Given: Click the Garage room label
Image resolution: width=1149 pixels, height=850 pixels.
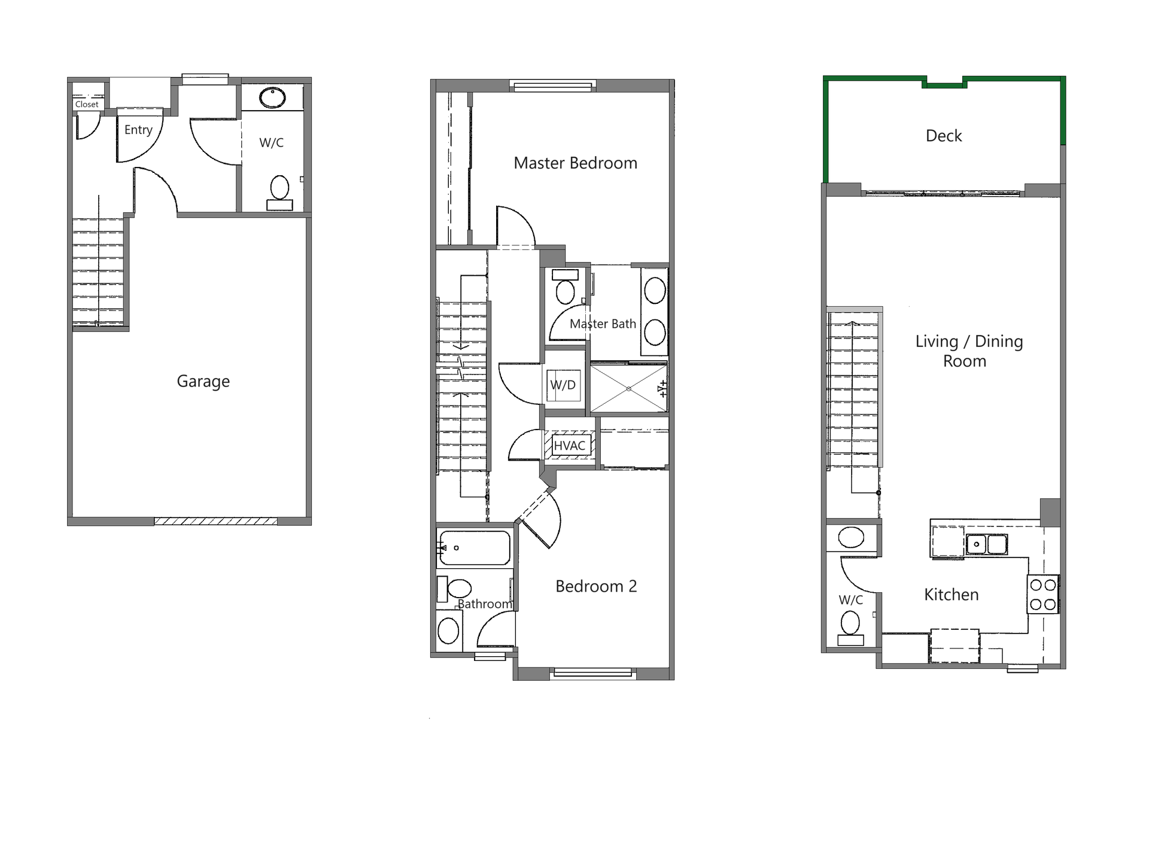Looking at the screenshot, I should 203,381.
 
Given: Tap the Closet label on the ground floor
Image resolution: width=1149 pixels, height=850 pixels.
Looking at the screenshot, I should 87,104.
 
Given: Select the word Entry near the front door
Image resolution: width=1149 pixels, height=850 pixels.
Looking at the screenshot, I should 138,130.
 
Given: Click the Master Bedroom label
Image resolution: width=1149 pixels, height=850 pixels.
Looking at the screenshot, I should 575,163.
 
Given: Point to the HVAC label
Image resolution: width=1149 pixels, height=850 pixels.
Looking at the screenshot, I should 569,446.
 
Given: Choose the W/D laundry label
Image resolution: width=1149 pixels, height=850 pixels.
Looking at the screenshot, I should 563,385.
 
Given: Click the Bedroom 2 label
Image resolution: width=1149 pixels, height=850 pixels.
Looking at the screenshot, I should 596,586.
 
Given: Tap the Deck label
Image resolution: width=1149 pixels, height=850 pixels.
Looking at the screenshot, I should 944,136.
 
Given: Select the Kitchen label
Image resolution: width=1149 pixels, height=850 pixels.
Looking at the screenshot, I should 951,595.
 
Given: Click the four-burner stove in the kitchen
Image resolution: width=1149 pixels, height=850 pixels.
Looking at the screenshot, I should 1043,594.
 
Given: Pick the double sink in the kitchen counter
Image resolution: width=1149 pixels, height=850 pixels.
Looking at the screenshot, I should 987,544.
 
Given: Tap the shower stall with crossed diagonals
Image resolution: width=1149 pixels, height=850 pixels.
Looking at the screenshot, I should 628,389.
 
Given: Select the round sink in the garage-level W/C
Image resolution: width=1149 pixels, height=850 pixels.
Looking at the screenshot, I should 272,98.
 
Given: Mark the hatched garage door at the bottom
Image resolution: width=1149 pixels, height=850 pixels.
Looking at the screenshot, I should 215,522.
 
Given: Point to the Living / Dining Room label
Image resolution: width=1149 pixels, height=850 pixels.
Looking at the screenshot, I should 968,351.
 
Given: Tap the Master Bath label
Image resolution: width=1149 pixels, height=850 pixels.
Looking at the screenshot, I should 603,324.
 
